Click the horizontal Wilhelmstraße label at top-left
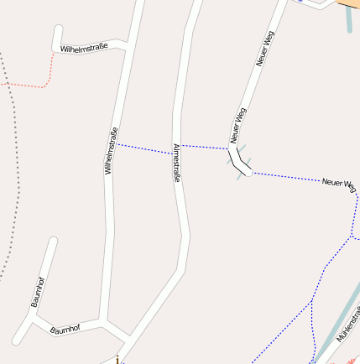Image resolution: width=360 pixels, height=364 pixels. click(84, 49)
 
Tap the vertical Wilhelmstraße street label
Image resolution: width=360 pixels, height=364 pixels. click(108, 151)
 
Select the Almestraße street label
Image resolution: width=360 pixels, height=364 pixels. click(176, 163)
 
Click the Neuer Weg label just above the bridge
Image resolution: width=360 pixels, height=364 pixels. click(237, 125)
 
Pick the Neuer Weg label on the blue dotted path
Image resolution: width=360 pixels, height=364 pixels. click(338, 183)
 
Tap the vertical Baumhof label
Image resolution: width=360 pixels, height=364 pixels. click(38, 290)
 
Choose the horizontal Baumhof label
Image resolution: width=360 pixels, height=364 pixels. click(65, 329)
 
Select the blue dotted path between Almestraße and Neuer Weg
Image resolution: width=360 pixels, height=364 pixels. click(205, 147)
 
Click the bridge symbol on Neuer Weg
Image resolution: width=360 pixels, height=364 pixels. click(240, 161)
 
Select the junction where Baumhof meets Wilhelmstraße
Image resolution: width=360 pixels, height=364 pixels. click(102, 321)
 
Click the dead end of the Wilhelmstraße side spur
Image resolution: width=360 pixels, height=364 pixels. click(57, 29)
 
